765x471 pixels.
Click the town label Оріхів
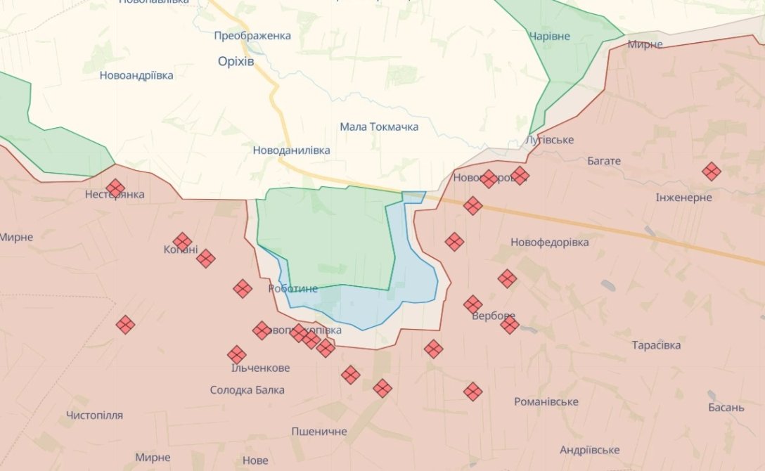236,62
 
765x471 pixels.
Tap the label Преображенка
252,35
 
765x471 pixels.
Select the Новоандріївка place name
136,75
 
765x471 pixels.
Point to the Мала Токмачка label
379,127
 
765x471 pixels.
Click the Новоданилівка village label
291,150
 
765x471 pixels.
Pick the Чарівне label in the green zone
550,37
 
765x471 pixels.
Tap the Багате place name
604,161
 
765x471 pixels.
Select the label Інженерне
683,198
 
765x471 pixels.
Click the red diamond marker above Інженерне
712,172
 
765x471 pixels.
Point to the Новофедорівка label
550,243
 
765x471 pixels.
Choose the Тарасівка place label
656,346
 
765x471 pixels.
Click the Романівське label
546,401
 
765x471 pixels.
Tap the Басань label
726,408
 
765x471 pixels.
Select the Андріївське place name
589,450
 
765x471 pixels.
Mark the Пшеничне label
319,431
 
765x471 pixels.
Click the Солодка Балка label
247,389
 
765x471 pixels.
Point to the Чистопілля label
94,415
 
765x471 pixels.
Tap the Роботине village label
293,289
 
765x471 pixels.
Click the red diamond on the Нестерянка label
116,188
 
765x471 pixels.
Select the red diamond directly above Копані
182,242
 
